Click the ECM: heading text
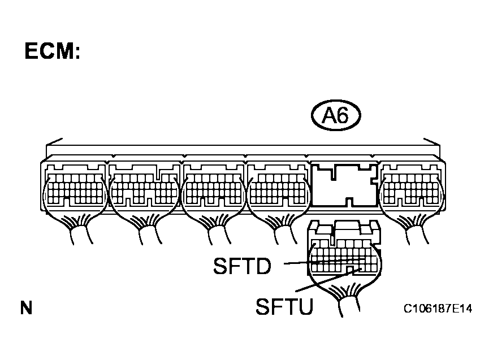tap(52, 51)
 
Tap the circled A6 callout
tap(336, 115)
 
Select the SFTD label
tap(242, 266)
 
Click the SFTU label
tap(284, 306)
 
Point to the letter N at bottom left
tap(27, 308)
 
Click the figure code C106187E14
tap(438, 309)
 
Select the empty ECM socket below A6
tap(345, 185)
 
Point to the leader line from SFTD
tap(325, 261)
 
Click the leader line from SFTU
tap(327, 280)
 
